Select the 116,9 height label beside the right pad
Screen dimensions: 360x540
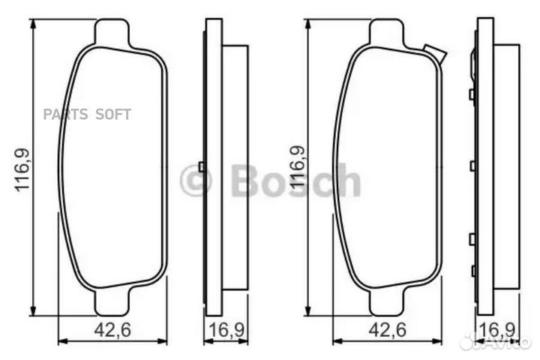(x=296, y=169)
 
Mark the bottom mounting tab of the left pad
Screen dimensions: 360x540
(x=113, y=303)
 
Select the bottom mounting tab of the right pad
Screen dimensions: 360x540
(x=388, y=303)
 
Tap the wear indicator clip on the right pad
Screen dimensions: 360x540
(x=434, y=53)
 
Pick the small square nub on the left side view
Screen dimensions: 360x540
(x=202, y=166)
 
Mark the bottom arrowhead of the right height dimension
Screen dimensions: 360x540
(x=306, y=311)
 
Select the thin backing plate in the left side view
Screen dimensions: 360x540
(x=214, y=166)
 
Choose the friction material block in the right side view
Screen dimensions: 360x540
(x=506, y=166)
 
